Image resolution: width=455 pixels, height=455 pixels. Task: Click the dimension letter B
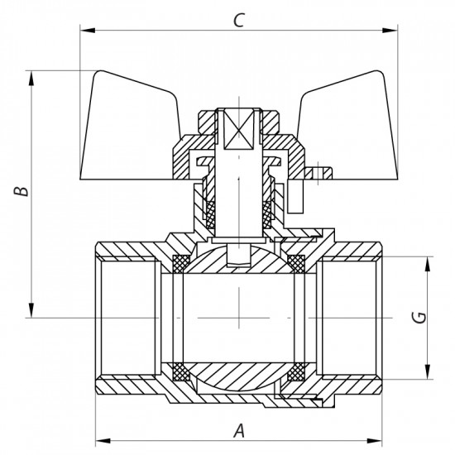coord(24,191)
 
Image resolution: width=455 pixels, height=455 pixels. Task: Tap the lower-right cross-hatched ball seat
coord(295,370)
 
